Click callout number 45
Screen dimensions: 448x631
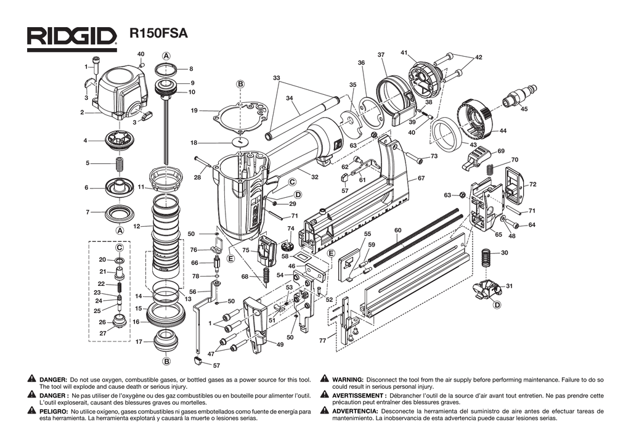(524, 109)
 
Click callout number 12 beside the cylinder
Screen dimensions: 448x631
(137, 226)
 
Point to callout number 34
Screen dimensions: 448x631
(289, 98)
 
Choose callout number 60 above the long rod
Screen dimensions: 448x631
(398, 230)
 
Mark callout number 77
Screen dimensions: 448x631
(322, 341)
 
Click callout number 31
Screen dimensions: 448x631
(509, 286)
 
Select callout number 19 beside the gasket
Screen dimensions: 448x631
(194, 111)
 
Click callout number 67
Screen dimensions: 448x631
(421, 178)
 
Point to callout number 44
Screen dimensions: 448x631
(503, 131)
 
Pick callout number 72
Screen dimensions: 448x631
(532, 184)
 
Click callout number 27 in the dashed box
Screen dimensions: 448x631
(103, 333)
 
